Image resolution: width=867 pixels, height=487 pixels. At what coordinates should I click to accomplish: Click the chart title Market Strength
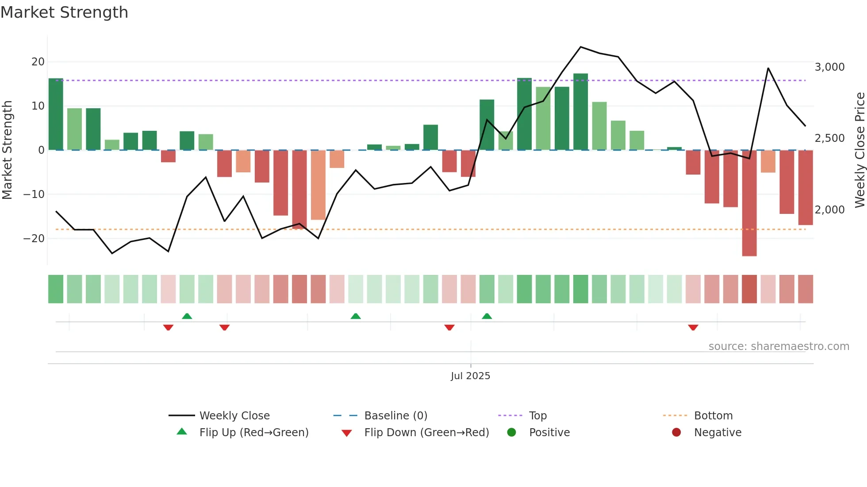pyautogui.click(x=64, y=12)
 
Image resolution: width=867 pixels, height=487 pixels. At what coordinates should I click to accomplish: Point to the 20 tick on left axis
pyautogui.click(x=38, y=62)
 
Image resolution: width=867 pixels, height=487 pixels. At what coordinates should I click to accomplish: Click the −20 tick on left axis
pyautogui.click(x=34, y=239)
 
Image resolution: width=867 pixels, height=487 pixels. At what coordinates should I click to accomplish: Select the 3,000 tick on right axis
pyautogui.click(x=829, y=67)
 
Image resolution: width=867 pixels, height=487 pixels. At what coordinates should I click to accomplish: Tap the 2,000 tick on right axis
pyautogui.click(x=829, y=210)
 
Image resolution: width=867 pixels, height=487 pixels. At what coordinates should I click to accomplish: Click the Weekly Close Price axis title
pyautogui.click(x=859, y=150)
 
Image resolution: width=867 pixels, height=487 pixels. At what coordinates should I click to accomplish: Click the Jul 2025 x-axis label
pyautogui.click(x=470, y=376)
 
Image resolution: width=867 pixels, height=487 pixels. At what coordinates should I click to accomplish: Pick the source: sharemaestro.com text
pyautogui.click(x=779, y=346)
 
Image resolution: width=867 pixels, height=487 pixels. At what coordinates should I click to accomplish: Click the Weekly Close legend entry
pyautogui.click(x=234, y=416)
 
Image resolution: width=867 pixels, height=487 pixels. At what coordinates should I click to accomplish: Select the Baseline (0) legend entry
pyautogui.click(x=395, y=416)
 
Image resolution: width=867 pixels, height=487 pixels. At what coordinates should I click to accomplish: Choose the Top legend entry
pyautogui.click(x=537, y=416)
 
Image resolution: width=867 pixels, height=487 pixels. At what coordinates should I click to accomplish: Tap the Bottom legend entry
pyautogui.click(x=713, y=416)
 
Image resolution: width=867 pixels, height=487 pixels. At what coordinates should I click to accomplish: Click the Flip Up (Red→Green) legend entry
pyautogui.click(x=253, y=433)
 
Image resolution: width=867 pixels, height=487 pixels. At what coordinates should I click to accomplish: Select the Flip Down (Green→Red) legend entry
pyautogui.click(x=426, y=433)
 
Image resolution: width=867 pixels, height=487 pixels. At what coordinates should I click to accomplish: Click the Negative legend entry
pyautogui.click(x=717, y=433)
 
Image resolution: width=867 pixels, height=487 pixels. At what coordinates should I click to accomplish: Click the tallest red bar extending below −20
pyautogui.click(x=749, y=203)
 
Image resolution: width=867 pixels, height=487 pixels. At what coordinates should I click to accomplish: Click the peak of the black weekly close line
pyautogui.click(x=581, y=47)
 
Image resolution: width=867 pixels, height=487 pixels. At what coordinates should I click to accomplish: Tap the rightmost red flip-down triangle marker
pyautogui.click(x=693, y=327)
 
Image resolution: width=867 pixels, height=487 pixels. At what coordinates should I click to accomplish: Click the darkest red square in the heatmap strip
pyautogui.click(x=749, y=289)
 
